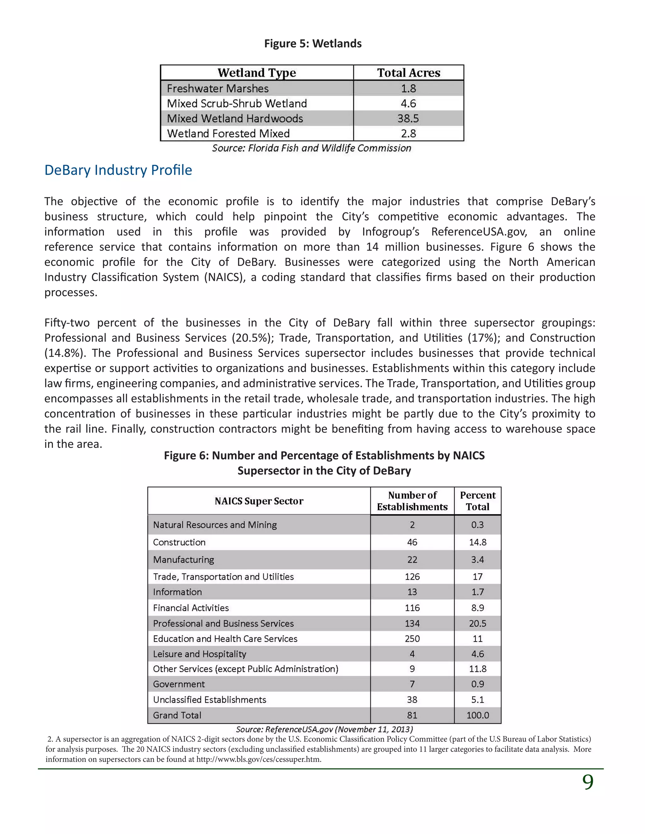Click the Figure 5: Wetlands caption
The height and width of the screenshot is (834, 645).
[312, 43]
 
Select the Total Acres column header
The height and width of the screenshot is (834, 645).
[408, 73]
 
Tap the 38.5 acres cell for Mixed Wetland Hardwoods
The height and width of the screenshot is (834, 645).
[408, 118]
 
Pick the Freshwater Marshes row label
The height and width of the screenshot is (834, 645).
[218, 89]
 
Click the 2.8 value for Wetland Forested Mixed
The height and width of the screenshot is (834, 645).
[408, 134]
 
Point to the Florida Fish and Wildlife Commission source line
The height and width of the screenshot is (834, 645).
[311, 148]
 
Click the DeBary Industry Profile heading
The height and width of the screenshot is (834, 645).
[118, 170]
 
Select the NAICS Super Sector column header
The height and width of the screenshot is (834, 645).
[259, 501]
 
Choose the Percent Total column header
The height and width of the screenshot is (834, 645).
[478, 501]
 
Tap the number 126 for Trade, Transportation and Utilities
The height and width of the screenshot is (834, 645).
[412, 577]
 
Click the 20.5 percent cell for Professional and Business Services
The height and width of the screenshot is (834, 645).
[478, 623]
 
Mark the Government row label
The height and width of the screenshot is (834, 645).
[179, 684]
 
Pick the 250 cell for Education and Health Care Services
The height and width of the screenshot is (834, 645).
[412, 639]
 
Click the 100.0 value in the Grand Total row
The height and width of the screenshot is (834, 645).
[478, 715]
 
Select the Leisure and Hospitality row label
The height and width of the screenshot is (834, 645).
[199, 654]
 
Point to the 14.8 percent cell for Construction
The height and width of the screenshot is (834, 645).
[478, 542]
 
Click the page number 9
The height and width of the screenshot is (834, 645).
[588, 782]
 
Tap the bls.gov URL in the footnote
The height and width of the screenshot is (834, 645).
[258, 759]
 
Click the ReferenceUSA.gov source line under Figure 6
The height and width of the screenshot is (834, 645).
[324, 730]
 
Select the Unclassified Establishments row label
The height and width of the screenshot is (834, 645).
[209, 700]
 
